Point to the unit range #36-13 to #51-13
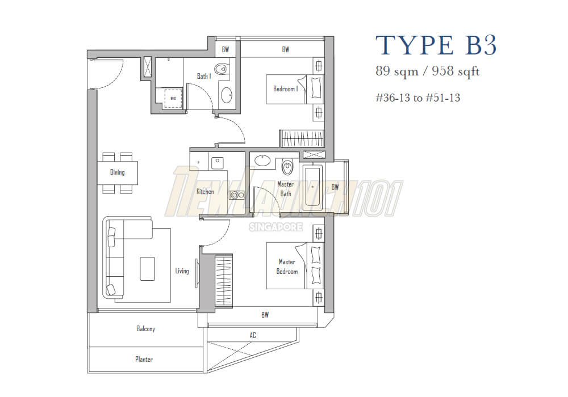point(417,98)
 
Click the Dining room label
point(117,172)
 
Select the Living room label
point(182,271)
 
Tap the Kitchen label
point(205,192)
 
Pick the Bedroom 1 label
point(285,89)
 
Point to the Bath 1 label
point(204,76)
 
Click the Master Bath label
point(285,189)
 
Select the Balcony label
point(145,329)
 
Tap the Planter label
point(144,360)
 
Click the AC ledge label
point(253,336)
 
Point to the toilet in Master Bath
point(287,167)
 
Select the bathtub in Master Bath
point(312,186)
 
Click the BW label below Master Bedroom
point(265,315)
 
